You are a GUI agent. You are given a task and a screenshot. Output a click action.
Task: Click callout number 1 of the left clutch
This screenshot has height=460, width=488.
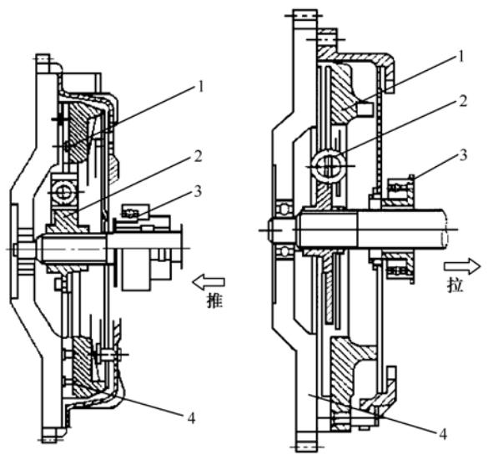point(201,86)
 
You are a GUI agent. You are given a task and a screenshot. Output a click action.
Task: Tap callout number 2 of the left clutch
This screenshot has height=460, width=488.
point(199,156)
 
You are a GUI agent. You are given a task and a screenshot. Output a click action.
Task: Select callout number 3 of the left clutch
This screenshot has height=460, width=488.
point(198,191)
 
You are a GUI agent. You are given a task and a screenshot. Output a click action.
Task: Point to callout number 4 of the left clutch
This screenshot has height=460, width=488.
point(191,417)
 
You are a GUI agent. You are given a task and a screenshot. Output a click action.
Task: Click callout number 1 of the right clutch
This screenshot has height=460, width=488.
point(461,57)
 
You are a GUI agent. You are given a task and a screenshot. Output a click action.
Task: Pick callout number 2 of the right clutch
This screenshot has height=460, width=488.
point(463,101)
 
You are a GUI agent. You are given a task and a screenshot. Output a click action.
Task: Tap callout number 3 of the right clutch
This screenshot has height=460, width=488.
point(464,154)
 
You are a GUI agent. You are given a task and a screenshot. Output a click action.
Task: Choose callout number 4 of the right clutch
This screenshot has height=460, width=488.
point(443,433)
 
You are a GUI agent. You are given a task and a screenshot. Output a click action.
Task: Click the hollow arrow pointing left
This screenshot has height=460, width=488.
point(209,282)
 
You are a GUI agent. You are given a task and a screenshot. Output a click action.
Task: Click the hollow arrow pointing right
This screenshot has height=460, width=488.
point(462,266)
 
